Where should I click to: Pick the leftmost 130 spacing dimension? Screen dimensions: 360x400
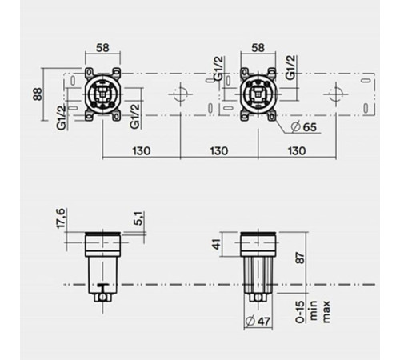pos(142,150)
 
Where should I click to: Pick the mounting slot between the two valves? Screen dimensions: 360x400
pos(182,94)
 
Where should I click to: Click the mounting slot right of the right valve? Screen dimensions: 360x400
pos(337,94)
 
